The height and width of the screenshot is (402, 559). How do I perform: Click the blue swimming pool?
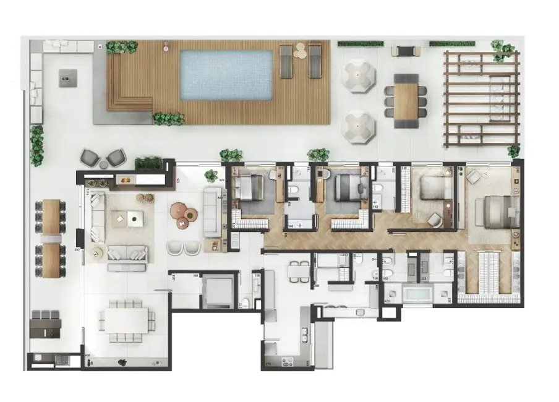[x=226, y=75]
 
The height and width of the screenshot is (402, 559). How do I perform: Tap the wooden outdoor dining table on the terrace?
[x=406, y=101]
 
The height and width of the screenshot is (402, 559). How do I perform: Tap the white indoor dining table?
[x=126, y=320]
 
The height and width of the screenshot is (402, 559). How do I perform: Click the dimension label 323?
[x=222, y=180]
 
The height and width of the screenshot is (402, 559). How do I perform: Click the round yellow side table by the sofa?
[x=97, y=252]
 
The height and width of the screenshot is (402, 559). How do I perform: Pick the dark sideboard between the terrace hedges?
[x=406, y=50]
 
